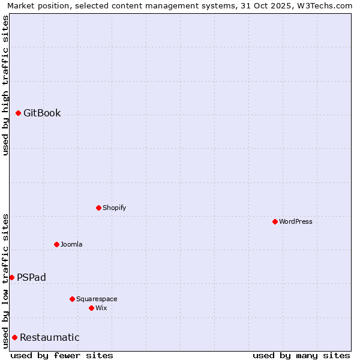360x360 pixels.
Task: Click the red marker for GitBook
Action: click(19, 113)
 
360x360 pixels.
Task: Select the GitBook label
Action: click(42, 113)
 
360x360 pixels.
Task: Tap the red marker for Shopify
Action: click(98, 208)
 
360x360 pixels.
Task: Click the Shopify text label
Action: click(114, 208)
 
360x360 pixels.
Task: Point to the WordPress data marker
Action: click(275, 221)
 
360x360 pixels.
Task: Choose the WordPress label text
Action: click(295, 222)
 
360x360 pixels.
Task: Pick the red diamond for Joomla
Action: click(56, 244)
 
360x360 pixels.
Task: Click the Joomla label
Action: click(71, 245)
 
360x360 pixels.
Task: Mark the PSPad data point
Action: click(11, 277)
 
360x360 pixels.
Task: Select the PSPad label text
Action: click(31, 278)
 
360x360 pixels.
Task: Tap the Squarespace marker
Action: click(72, 299)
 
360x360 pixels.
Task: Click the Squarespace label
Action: click(97, 299)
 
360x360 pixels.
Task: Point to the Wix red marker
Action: click(91, 308)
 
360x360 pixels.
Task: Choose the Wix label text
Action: click(101, 308)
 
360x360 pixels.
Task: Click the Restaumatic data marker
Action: click(14, 337)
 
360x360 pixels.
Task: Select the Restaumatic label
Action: click(49, 338)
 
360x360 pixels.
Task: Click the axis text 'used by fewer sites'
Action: click(62, 356)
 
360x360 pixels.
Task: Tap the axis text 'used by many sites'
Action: click(301, 356)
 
